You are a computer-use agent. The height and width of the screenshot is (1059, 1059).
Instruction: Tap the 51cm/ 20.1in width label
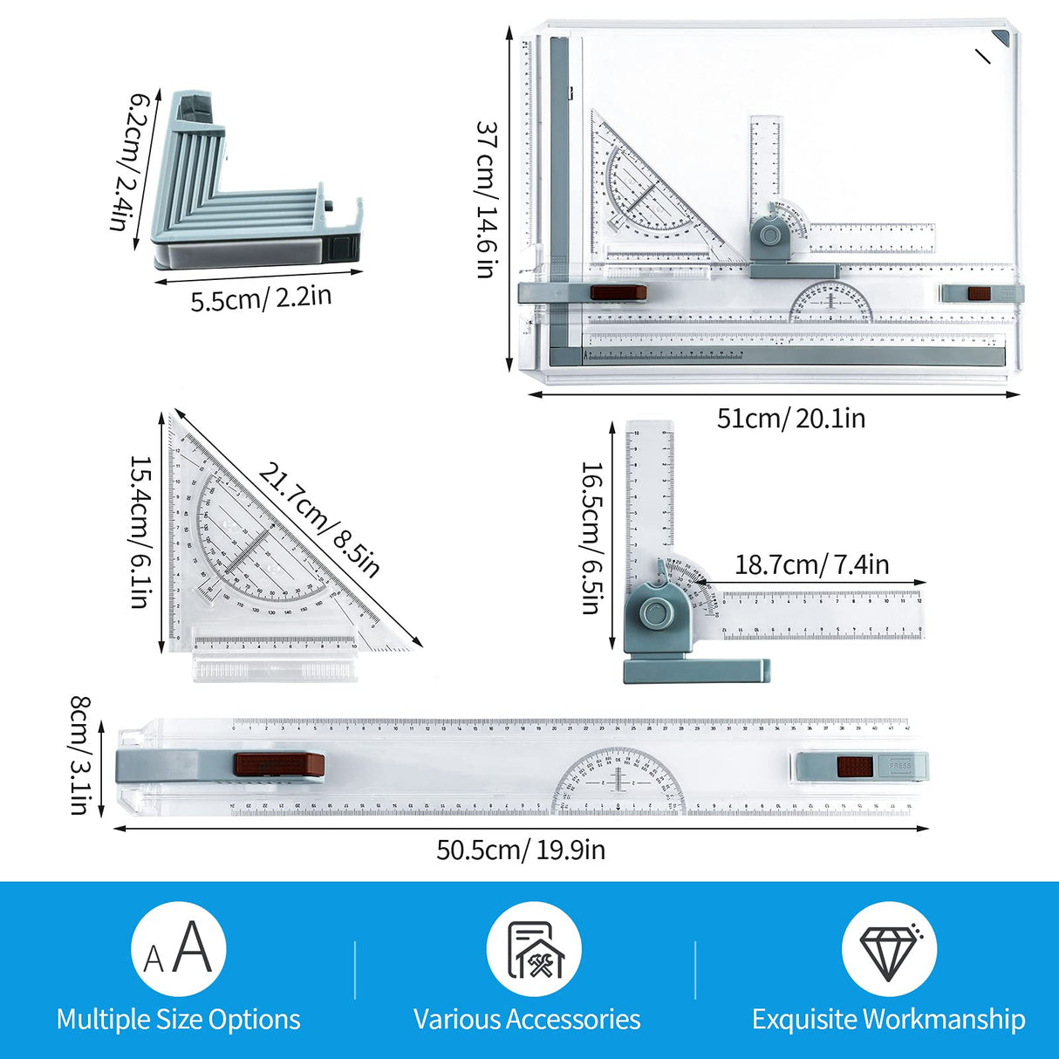tap(790, 419)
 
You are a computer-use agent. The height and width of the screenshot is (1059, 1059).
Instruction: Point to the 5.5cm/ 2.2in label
tap(261, 297)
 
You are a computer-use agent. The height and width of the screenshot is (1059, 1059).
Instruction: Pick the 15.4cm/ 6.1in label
tap(140, 531)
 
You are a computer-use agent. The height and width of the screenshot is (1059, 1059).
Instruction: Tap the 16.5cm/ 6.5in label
tap(591, 537)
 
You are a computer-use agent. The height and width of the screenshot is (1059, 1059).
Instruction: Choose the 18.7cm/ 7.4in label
tap(811, 564)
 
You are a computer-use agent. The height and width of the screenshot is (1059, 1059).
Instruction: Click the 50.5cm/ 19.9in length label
tap(521, 850)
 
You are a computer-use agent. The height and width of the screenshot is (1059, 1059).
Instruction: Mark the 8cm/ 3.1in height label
tap(80, 755)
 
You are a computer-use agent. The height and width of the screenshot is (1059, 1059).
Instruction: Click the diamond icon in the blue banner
tap(888, 949)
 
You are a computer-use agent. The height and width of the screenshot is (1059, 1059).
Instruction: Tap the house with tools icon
tap(534, 949)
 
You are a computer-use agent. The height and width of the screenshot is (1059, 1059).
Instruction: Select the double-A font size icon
tap(178, 949)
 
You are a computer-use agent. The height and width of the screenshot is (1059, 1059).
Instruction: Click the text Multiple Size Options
tap(178, 1019)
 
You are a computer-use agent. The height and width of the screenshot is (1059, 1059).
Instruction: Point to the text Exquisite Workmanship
tap(888, 1019)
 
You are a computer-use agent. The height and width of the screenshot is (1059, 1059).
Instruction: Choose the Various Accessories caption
tap(527, 1019)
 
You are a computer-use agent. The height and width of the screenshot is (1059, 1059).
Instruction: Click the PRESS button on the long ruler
tap(899, 766)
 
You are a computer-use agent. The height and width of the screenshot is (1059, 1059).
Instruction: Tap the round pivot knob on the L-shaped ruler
tap(653, 612)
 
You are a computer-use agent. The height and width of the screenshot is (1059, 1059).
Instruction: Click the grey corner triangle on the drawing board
tap(1000, 38)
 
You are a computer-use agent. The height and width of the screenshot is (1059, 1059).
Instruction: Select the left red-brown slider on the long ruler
tap(279, 765)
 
